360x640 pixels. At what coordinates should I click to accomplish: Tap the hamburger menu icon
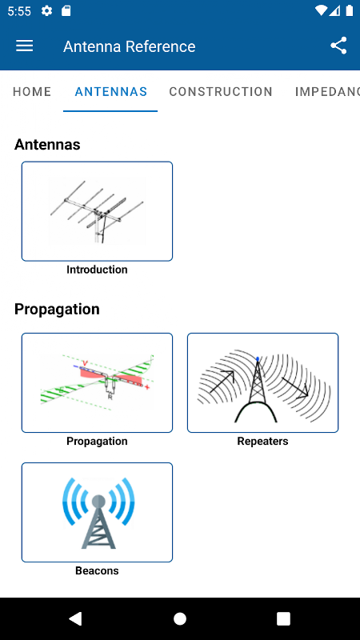point(25,46)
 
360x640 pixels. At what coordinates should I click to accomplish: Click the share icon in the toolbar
point(338,46)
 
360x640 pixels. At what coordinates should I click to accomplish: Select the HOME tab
point(32,92)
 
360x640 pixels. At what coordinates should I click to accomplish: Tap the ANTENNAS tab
point(110,92)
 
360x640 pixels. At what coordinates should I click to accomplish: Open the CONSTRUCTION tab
point(221,92)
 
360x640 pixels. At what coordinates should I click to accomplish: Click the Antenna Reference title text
point(130,46)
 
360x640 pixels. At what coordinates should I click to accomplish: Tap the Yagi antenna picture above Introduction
point(97,211)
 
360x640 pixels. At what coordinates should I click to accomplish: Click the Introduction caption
point(97,270)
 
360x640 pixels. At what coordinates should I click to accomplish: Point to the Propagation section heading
point(57,310)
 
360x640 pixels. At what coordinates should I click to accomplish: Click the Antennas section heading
point(47,145)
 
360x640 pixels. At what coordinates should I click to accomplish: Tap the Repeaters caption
point(263,442)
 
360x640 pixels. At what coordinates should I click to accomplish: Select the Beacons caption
point(97,570)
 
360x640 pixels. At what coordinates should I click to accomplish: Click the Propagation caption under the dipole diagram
point(97,442)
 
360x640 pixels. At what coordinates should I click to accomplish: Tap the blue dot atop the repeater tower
point(258,359)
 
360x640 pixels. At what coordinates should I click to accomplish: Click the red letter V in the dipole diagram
point(86,363)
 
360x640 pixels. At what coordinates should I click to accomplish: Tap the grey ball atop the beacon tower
point(98,501)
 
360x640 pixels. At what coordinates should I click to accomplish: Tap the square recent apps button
point(283,618)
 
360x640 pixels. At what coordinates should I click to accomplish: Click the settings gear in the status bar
point(47,11)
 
